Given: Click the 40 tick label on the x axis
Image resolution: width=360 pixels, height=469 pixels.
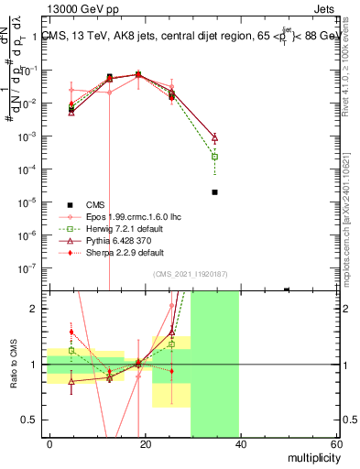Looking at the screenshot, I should point(241,442).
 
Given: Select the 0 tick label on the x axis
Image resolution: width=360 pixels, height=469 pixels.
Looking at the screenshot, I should point(49,442).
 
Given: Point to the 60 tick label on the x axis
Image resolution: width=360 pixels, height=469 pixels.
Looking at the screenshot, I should point(336,442).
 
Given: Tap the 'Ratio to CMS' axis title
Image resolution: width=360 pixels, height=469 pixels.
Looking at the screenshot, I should point(15,365).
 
